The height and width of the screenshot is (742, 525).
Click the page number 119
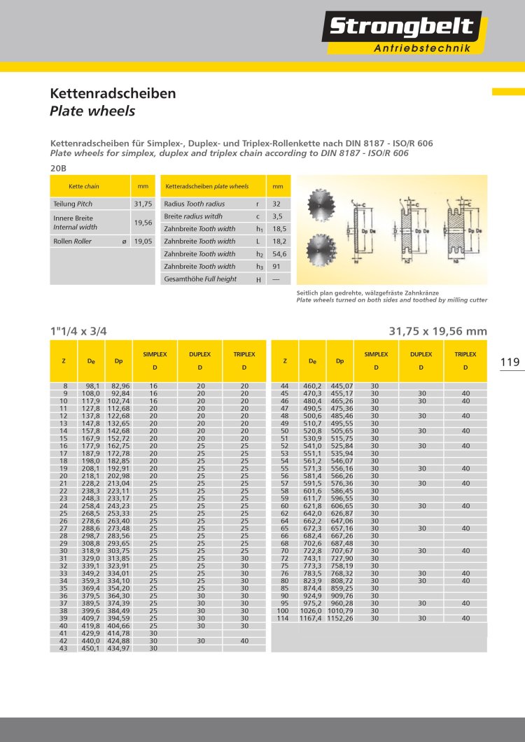[x=510, y=362]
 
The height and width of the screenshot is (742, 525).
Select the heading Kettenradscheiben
[x=113, y=93]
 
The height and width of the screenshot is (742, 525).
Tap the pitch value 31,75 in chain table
[x=143, y=204]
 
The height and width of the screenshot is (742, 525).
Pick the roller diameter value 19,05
[x=143, y=241]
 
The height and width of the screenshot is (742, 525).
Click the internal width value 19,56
[x=143, y=222]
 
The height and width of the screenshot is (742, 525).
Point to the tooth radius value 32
[x=277, y=204]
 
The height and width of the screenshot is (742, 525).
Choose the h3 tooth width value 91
[x=277, y=266]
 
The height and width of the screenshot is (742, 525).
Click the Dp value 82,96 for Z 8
[x=121, y=386]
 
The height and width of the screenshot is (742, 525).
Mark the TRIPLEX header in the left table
[x=244, y=355]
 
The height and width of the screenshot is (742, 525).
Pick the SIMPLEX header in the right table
[x=376, y=355]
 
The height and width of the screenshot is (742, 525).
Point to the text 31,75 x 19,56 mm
[x=437, y=331]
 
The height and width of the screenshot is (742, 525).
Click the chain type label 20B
[x=58, y=169]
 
